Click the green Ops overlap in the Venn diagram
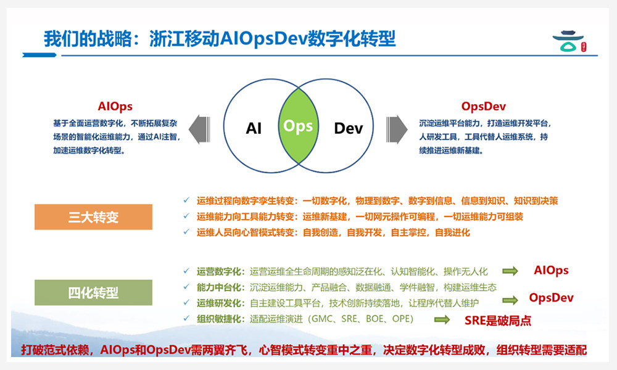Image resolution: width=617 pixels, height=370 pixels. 298,126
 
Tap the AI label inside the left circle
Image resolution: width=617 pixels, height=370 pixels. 254,128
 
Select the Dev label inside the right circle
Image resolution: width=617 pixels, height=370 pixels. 348,128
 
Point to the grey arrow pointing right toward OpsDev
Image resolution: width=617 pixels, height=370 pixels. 397,128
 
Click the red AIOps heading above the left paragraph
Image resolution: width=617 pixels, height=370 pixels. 115,107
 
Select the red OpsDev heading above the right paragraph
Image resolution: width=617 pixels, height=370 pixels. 484,107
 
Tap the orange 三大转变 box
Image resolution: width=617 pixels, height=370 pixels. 93,217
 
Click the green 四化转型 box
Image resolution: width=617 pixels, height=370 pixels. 93,292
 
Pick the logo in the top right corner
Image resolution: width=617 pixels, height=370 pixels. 571,43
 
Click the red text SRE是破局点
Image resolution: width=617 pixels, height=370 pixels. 498,320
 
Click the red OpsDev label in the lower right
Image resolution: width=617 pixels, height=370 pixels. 552,298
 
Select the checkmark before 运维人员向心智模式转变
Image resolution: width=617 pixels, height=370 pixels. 187,232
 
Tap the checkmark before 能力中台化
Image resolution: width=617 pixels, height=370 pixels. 187,287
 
